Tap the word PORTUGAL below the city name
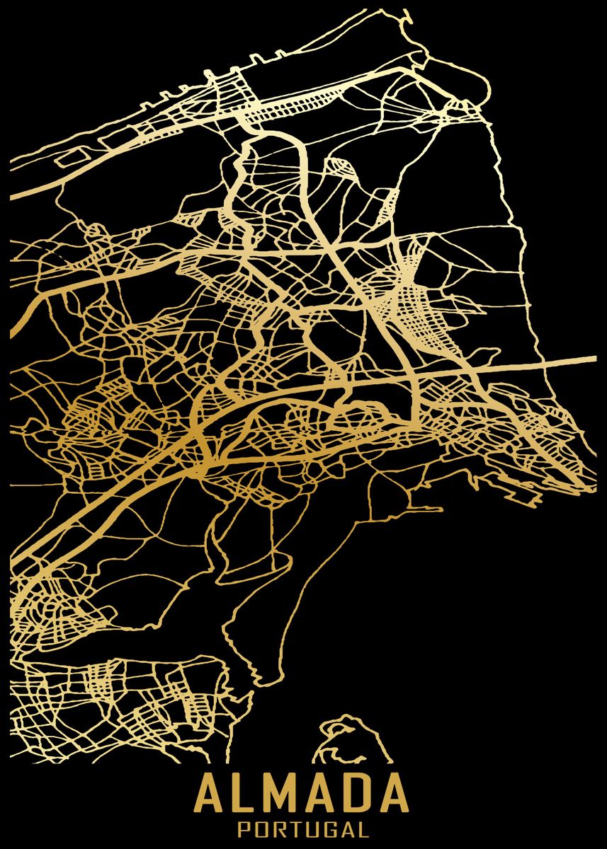303,829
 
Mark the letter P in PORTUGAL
244,829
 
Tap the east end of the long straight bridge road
594,359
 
